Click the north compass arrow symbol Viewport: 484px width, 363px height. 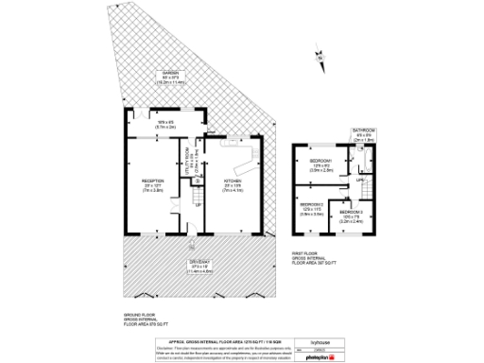click(320, 59)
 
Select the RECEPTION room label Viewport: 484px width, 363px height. click(153, 187)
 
